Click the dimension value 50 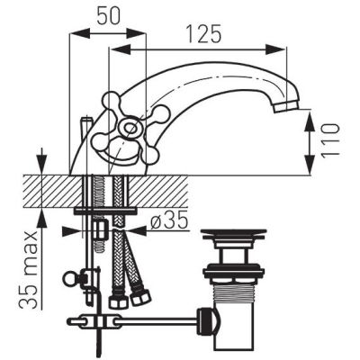pos(108,15)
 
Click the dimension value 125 pos(203,33)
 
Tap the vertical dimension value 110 pos(331,139)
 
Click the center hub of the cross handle pos(129,129)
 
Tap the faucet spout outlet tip pos(287,106)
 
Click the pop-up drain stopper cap pos(233,234)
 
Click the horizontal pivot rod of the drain pos(156,321)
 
